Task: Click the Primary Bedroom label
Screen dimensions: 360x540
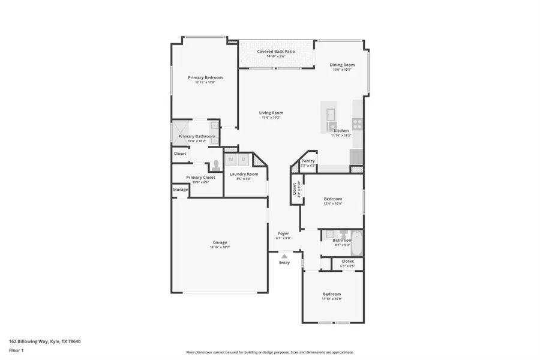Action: [x=205, y=77]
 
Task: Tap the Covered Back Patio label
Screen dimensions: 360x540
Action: [x=276, y=52]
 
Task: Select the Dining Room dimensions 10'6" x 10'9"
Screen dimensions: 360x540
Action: [x=342, y=70]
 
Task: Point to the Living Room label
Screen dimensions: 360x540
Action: [x=271, y=113]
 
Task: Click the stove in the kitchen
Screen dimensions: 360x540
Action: [x=357, y=124]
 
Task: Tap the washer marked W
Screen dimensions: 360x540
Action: [x=231, y=160]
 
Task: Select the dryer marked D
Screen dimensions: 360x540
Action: [x=243, y=160]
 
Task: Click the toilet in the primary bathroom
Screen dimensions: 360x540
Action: [x=215, y=166]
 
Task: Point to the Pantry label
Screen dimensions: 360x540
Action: [x=308, y=161]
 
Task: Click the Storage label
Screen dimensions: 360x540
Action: [x=181, y=190]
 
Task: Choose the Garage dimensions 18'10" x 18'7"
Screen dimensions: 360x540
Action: [x=220, y=247]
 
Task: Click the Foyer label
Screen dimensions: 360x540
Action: [x=284, y=233]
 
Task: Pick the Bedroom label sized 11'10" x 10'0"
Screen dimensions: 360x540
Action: [x=332, y=294]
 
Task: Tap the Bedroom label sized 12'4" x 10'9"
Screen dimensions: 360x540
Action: [x=333, y=199]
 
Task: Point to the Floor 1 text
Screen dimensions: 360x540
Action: [x=16, y=350]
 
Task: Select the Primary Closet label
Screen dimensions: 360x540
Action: [x=200, y=178]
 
